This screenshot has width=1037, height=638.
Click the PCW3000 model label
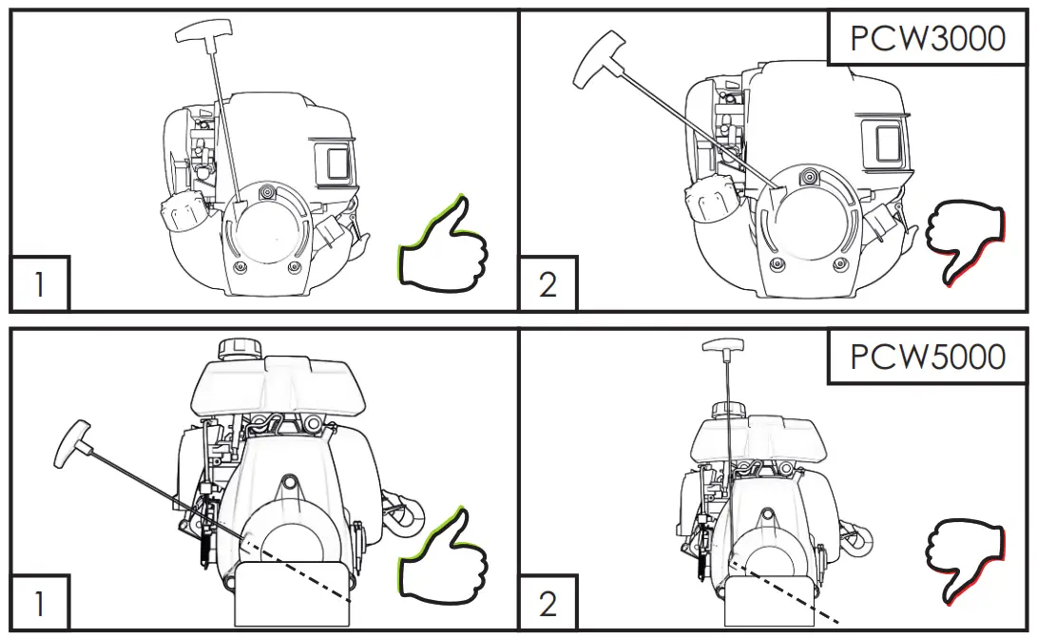coord(928,39)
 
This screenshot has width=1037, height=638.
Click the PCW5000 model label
coord(928,357)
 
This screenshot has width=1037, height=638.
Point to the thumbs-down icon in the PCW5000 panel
coord(966,561)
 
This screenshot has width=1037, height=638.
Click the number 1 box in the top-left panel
coord(40,284)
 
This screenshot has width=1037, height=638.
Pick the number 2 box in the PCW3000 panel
coord(547,284)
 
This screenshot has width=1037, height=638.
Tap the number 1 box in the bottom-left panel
coord(40,603)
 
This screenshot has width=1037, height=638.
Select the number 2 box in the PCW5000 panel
coord(547,603)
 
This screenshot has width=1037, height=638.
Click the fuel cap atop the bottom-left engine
coord(236,348)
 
